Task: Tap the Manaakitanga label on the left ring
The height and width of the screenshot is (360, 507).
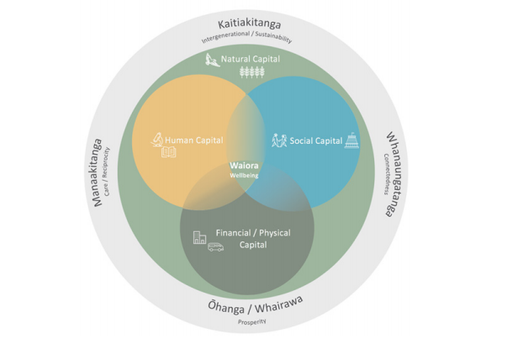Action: point(97,172)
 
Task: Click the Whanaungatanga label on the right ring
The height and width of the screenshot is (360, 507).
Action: point(391,173)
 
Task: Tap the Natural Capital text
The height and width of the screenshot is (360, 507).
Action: point(251,60)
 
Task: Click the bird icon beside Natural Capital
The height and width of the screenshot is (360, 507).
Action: point(213,60)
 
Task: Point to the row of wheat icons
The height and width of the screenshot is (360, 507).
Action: point(251,72)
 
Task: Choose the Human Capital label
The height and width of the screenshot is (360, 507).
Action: point(194,140)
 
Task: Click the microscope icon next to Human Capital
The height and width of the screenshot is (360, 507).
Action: point(156,140)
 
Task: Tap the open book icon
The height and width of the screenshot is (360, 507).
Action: point(169,152)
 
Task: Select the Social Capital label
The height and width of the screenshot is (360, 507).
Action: point(315,140)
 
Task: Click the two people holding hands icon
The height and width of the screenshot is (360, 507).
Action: point(279,140)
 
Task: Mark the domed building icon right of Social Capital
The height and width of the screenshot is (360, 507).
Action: point(351,140)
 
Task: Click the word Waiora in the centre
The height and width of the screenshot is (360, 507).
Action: point(244,165)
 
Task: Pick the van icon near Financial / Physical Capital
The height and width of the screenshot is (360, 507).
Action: point(216,247)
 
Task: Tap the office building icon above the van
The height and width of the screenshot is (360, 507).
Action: point(199,237)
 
